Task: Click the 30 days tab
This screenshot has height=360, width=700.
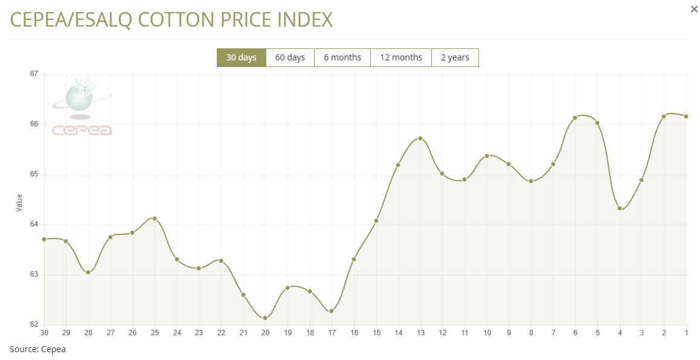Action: click(x=241, y=58)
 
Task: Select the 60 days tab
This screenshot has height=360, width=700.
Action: click(x=290, y=58)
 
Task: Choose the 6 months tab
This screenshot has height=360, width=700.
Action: click(x=342, y=58)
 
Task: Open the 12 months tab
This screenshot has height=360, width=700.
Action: click(x=401, y=58)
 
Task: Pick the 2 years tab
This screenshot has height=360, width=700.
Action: click(x=455, y=58)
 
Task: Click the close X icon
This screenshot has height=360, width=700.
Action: click(x=694, y=9)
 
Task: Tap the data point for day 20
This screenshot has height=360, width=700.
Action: click(x=265, y=318)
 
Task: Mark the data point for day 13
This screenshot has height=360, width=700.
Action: click(x=420, y=138)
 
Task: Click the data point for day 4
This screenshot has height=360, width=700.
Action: click(x=620, y=208)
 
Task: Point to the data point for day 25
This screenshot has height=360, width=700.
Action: click(x=155, y=219)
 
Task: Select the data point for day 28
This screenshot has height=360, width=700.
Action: click(x=88, y=272)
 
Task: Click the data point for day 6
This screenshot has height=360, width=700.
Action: click(x=575, y=118)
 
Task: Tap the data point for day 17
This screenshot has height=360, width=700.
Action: click(x=332, y=311)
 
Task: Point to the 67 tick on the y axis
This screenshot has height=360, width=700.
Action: click(x=34, y=74)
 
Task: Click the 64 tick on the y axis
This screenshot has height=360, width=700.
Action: click(x=34, y=224)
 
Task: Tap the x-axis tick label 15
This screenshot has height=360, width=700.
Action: click(x=376, y=333)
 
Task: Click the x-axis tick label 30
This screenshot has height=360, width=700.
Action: click(x=44, y=333)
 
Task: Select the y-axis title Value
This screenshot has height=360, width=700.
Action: click(x=19, y=202)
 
